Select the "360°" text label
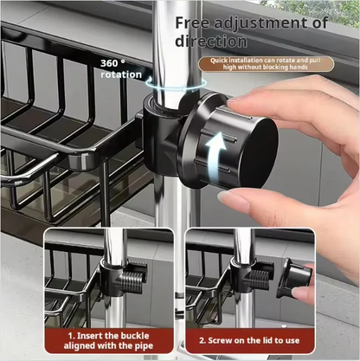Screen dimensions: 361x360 pyautogui.click(x=112, y=62)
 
